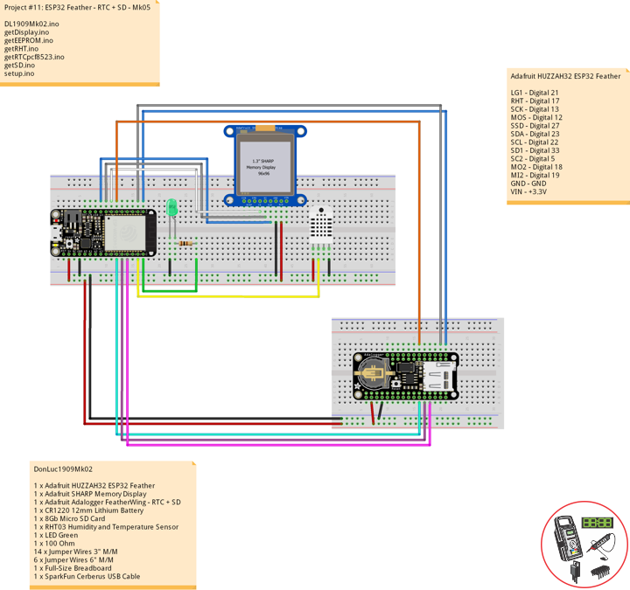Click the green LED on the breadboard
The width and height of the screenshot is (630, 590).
(x=172, y=208)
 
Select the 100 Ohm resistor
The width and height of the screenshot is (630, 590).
(x=185, y=243)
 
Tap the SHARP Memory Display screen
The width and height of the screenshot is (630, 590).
(x=267, y=162)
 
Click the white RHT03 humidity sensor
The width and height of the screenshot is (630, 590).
(x=321, y=225)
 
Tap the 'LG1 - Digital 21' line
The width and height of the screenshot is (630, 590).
(x=535, y=92)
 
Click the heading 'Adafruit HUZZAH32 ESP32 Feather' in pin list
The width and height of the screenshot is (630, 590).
(x=565, y=76)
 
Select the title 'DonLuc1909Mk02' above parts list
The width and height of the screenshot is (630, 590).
(x=62, y=469)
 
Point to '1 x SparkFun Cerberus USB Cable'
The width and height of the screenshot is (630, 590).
(x=87, y=577)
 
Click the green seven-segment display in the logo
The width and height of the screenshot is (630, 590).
(x=598, y=522)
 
